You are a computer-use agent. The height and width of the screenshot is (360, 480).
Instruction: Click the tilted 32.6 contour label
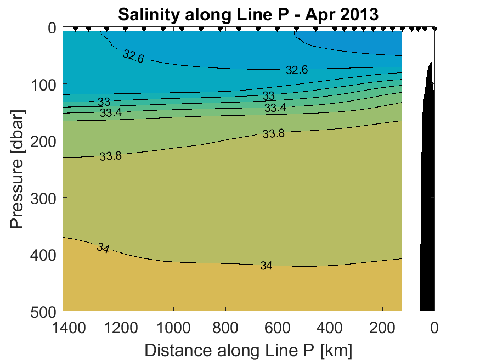[x=133, y=56]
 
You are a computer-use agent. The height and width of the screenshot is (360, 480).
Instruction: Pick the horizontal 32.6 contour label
[x=297, y=70]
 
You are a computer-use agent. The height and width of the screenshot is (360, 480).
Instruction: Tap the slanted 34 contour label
[x=103, y=248]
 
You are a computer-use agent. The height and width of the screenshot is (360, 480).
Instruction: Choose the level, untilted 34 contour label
[x=266, y=266]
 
